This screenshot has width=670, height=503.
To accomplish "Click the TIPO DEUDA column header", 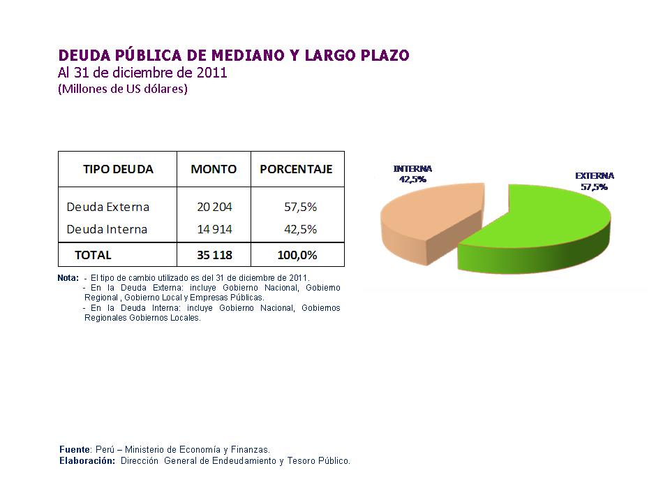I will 118,169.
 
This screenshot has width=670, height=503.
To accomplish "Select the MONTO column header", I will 214,169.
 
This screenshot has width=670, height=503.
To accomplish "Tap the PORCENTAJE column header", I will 296,169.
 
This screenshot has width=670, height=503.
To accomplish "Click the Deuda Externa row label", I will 107,207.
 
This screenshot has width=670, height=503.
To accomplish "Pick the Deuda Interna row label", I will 107,229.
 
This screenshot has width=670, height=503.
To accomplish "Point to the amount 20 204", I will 214,207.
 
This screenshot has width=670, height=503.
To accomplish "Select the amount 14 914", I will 214,229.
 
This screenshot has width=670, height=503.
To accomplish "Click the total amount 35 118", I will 214,255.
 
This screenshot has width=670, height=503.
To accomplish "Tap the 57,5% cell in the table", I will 301,207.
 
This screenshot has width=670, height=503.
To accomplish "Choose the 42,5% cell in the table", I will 301,229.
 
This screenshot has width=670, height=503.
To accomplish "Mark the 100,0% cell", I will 297,255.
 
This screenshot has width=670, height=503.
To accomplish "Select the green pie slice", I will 544,224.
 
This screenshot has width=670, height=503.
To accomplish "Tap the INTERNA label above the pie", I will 412,169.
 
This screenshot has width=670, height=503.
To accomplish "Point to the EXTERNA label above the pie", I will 594,176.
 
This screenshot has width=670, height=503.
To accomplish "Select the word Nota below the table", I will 68,278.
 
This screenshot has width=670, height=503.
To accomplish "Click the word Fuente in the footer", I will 74,450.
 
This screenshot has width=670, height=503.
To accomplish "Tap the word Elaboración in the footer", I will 87,461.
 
